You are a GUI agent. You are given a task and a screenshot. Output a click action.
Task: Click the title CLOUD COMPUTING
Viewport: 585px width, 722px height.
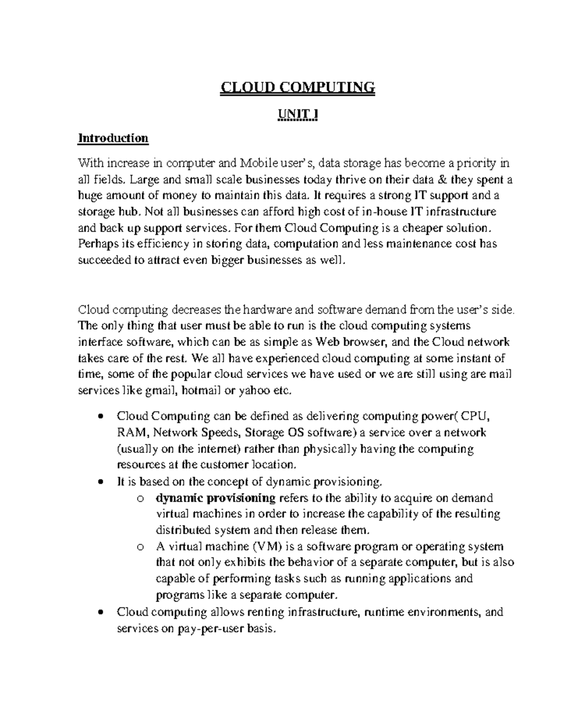tap(297, 87)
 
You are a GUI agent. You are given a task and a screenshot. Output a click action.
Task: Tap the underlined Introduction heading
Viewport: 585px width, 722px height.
tap(113, 138)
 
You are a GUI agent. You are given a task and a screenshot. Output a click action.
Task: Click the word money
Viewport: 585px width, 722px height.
tap(179, 196)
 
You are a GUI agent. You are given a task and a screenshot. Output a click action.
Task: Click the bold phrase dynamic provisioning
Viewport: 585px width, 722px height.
tap(215, 498)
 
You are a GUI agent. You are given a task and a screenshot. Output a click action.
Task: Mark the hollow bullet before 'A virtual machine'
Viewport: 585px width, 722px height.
tap(140, 547)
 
